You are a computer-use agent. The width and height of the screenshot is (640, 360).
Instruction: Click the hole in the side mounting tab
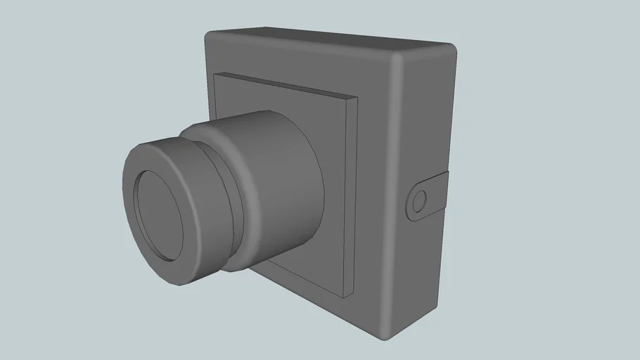tap(419, 202)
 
